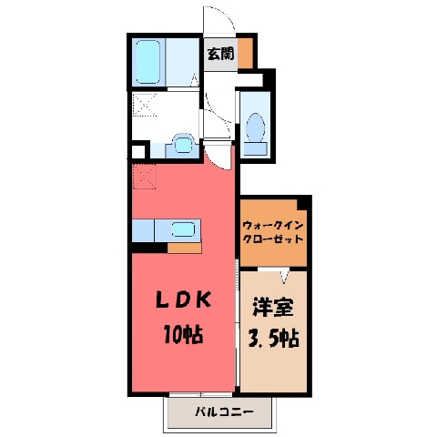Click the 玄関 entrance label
(x=220, y=54)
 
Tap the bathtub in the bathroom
(x=147, y=62)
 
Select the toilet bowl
(x=255, y=127)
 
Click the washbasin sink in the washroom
(x=183, y=144)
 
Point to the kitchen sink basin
(x=183, y=229)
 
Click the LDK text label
(x=183, y=300)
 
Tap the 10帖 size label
(x=183, y=333)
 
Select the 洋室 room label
(x=273, y=307)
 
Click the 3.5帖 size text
(x=274, y=338)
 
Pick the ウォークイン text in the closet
(x=273, y=226)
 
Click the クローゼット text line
(x=273, y=239)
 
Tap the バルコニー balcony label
(x=224, y=412)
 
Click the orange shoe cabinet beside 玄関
(x=245, y=54)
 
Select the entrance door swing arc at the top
(x=225, y=14)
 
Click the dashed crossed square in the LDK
(x=145, y=177)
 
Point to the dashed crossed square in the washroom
(x=145, y=105)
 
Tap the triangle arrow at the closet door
(x=284, y=277)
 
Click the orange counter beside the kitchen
(x=185, y=249)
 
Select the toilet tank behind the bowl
(x=255, y=149)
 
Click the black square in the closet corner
(x=303, y=203)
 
